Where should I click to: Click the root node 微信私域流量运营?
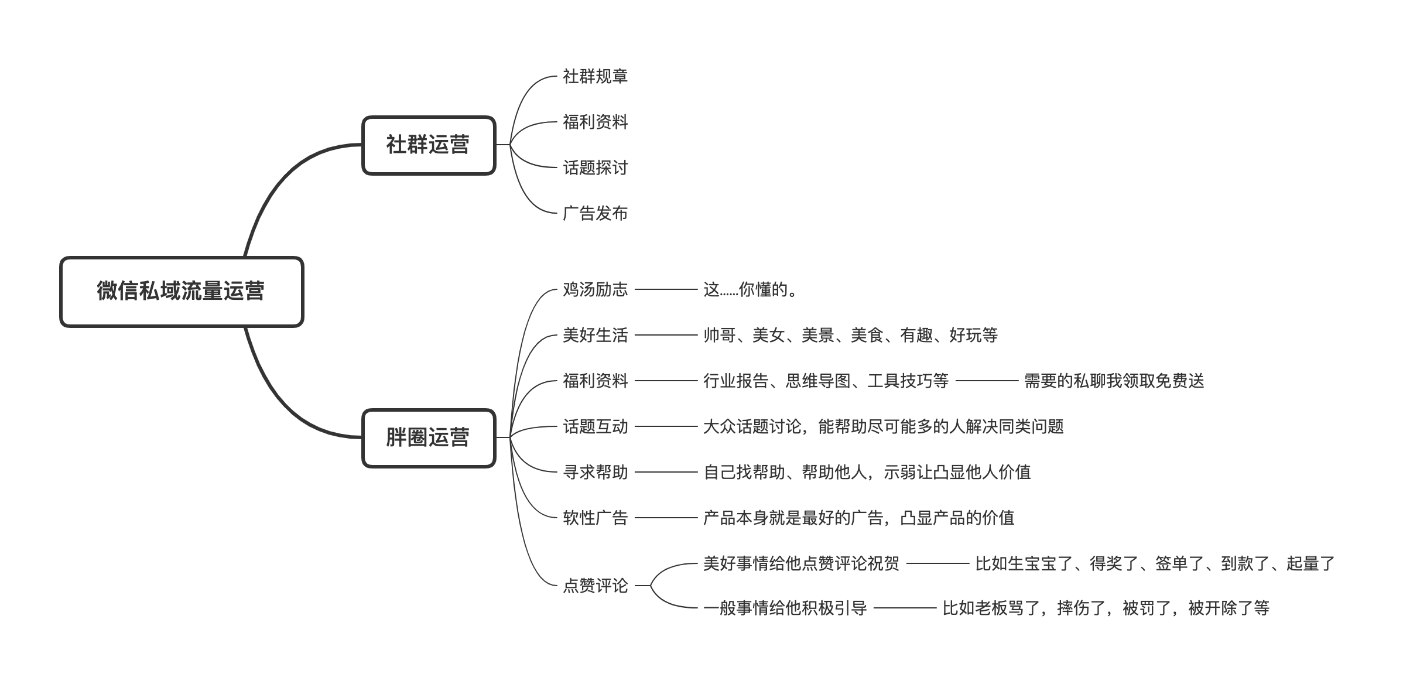click(182, 291)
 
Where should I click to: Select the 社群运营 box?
click(429, 145)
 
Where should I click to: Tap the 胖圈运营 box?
click(429, 437)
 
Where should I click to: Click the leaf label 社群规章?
click(595, 76)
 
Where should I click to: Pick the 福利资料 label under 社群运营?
click(595, 122)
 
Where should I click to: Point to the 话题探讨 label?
click(595, 167)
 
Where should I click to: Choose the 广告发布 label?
click(595, 213)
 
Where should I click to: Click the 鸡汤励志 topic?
click(595, 289)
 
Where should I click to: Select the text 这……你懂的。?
click(751, 289)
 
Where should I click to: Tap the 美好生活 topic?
click(595, 335)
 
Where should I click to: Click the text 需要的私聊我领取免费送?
click(1114, 381)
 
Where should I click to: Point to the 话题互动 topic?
click(595, 426)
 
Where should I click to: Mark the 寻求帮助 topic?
click(595, 472)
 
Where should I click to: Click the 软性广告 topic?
click(595, 518)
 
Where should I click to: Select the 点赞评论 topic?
click(595, 585)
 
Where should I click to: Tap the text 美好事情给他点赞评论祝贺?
click(801, 563)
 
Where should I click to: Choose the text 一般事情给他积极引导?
click(785, 608)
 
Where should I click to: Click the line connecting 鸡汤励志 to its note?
click(666, 289)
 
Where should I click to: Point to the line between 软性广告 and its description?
click(666, 518)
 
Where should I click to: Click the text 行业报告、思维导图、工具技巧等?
click(826, 381)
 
